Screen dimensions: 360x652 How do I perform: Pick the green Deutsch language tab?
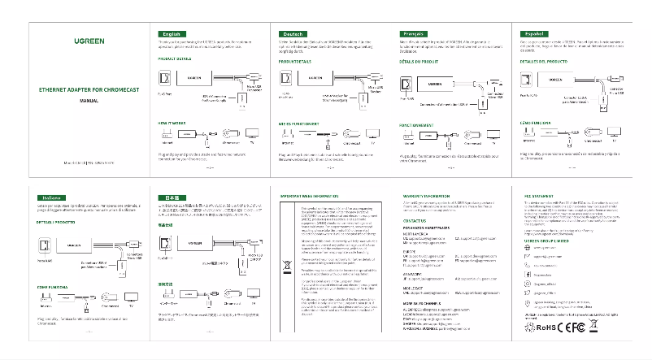click(293, 33)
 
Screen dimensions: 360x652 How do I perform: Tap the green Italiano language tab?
click(52, 197)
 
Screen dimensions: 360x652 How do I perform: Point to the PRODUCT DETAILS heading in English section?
click(175, 59)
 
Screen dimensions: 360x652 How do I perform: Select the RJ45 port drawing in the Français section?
click(408, 85)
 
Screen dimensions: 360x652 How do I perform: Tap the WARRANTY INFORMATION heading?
click(426, 197)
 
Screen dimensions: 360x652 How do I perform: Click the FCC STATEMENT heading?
click(539, 197)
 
